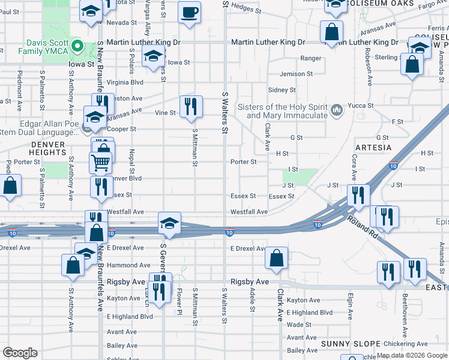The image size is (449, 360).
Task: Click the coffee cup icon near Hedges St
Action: click(x=190, y=13)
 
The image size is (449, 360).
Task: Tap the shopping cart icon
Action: click(x=100, y=162)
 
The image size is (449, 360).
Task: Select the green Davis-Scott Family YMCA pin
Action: click(x=76, y=46)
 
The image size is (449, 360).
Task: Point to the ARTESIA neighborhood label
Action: click(x=373, y=148)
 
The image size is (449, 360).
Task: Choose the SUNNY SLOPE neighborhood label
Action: click(x=344, y=343)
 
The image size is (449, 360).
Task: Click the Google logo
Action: click(x=20, y=353)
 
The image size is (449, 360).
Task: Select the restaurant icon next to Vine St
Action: click(x=191, y=106)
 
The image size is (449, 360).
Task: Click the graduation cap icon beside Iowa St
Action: click(x=154, y=57)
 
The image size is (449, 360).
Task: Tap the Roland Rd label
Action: click(x=363, y=226)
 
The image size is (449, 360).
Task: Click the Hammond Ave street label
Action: click(x=128, y=265)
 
